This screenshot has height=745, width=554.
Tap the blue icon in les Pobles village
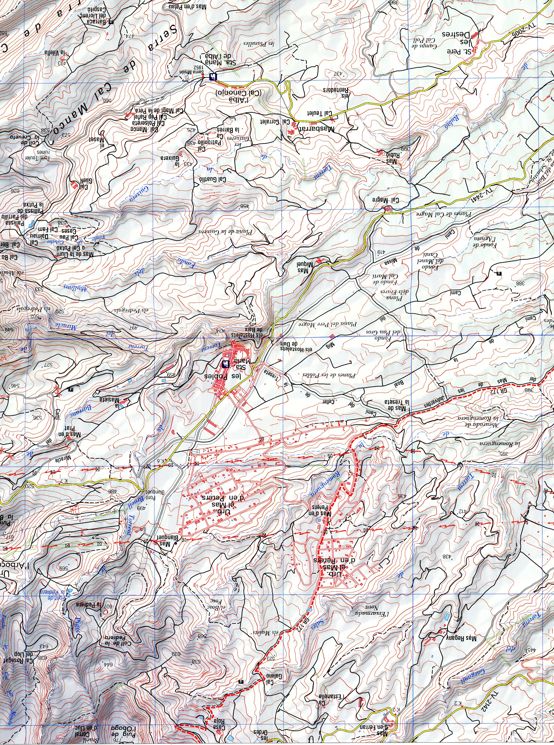point(226,363)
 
